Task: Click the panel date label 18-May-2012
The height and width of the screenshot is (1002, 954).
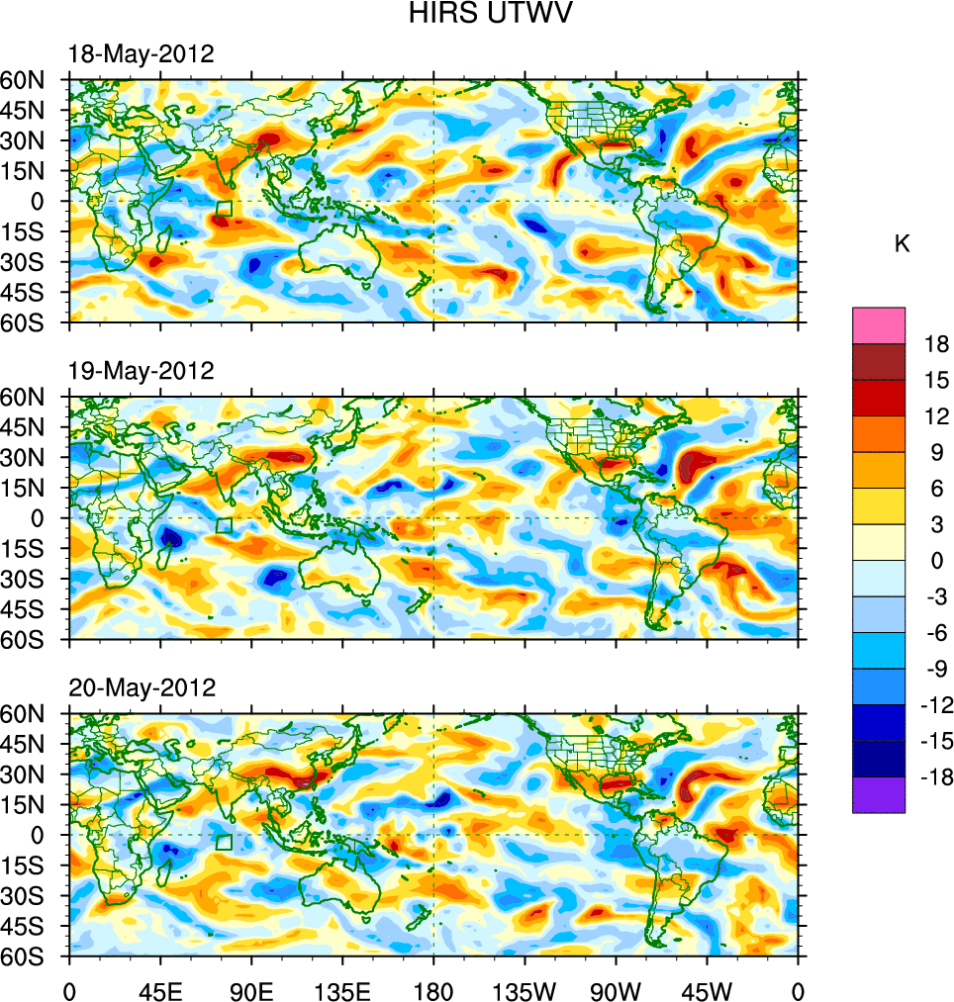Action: point(141,54)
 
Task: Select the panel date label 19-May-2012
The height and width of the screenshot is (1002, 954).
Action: point(141,371)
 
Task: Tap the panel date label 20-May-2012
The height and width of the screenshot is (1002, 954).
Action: point(141,687)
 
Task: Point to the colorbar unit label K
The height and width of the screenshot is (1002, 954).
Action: point(902,244)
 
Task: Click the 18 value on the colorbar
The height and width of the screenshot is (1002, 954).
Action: point(937,344)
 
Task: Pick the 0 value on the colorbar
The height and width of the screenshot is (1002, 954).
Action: point(937,561)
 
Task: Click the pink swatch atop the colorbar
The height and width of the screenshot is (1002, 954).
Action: point(879,324)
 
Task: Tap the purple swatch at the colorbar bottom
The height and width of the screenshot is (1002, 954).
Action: point(879,795)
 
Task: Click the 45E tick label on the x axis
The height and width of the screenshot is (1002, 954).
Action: point(160,989)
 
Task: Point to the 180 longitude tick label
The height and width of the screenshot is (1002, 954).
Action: point(433,989)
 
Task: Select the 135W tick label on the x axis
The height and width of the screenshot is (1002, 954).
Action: point(525,989)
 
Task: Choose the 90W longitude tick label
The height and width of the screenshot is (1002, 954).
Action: point(616,989)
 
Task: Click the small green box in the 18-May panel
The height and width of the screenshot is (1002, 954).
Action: point(225,209)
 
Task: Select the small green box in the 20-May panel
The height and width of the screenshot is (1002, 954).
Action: point(225,842)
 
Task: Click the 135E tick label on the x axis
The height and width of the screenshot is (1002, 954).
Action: point(342,989)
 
